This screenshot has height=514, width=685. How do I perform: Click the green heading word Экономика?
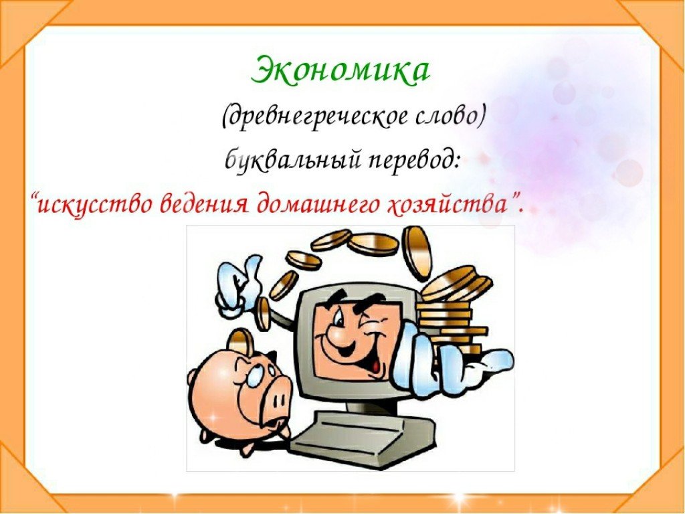click(340, 70)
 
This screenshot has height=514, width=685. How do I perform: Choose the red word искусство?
click(94, 203)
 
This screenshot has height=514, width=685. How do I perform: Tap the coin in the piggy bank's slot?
click(241, 341)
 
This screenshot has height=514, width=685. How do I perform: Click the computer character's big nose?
click(342, 334)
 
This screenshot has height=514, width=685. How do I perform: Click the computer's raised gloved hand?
click(239, 287)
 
